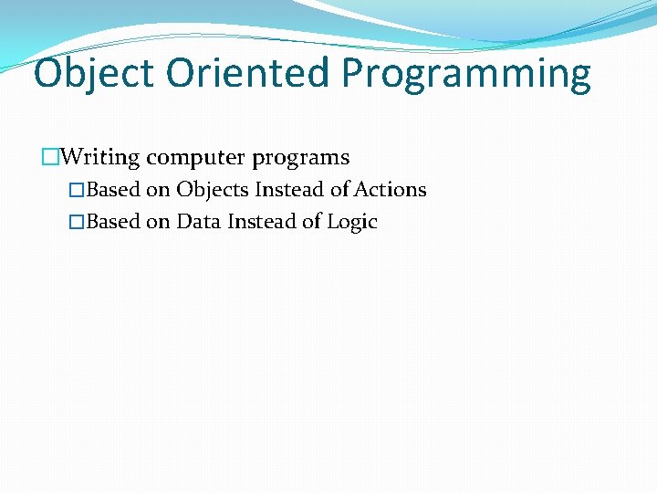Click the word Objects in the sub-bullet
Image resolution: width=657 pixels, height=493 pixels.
coord(213,190)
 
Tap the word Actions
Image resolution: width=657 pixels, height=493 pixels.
coord(390,190)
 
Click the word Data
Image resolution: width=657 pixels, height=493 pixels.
coord(199,222)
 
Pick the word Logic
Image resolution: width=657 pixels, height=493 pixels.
coord(352,223)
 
